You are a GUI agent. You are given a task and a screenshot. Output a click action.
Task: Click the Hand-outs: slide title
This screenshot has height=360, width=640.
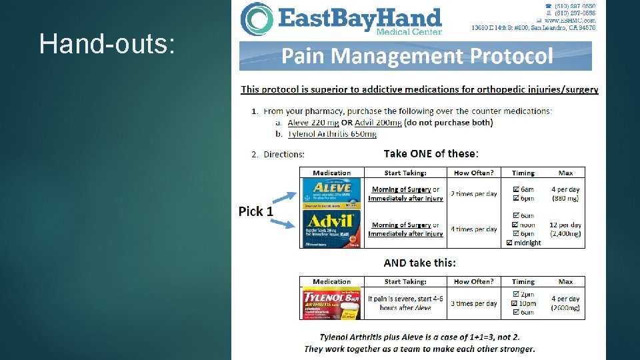(x=107, y=44)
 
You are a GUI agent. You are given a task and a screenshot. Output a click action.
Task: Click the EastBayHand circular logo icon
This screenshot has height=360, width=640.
(x=256, y=19)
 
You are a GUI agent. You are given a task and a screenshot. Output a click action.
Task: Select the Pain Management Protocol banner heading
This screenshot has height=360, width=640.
(x=417, y=56)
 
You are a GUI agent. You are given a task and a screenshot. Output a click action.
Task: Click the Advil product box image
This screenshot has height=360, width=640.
(x=331, y=229)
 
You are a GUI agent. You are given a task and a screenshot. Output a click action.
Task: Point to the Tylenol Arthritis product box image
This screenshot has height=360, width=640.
(x=331, y=303)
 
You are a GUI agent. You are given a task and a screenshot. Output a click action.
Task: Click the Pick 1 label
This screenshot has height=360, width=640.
(x=256, y=211)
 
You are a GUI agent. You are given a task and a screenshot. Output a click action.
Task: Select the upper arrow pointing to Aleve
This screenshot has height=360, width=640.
(x=283, y=198)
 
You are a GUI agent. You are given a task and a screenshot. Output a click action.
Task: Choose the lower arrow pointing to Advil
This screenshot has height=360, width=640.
(x=283, y=223)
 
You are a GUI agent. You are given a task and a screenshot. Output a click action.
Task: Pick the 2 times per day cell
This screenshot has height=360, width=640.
(x=473, y=194)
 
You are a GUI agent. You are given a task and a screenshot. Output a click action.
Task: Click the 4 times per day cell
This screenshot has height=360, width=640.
(x=473, y=229)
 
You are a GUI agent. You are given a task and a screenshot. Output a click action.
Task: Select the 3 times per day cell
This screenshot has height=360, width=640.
(x=473, y=303)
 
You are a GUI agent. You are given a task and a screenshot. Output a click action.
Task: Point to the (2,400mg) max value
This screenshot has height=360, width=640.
(x=565, y=234)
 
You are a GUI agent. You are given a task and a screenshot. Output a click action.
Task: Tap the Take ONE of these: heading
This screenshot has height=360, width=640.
(x=431, y=153)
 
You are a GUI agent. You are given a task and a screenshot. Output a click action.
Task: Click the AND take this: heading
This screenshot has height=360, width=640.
(x=420, y=263)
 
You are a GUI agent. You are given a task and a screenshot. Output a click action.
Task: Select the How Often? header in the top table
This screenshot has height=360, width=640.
(x=473, y=173)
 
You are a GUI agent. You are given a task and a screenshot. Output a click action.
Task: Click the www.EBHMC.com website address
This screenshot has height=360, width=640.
(x=571, y=21)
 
